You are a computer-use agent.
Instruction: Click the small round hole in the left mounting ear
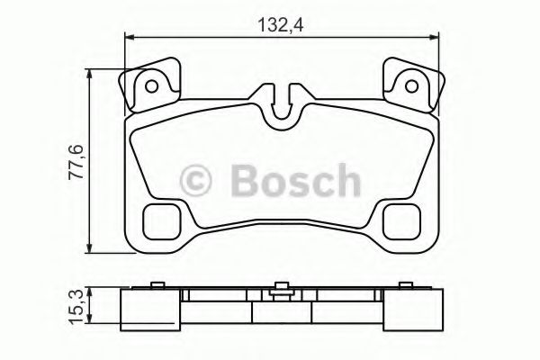click(x=152, y=87)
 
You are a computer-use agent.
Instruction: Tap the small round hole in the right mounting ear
click(x=411, y=87)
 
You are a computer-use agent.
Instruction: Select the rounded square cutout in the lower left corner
click(x=163, y=219)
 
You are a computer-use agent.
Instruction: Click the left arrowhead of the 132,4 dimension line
click(x=128, y=37)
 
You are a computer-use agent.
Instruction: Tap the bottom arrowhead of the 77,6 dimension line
click(x=91, y=248)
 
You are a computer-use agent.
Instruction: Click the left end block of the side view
click(x=144, y=308)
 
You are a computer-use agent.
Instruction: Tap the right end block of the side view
click(x=419, y=308)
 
